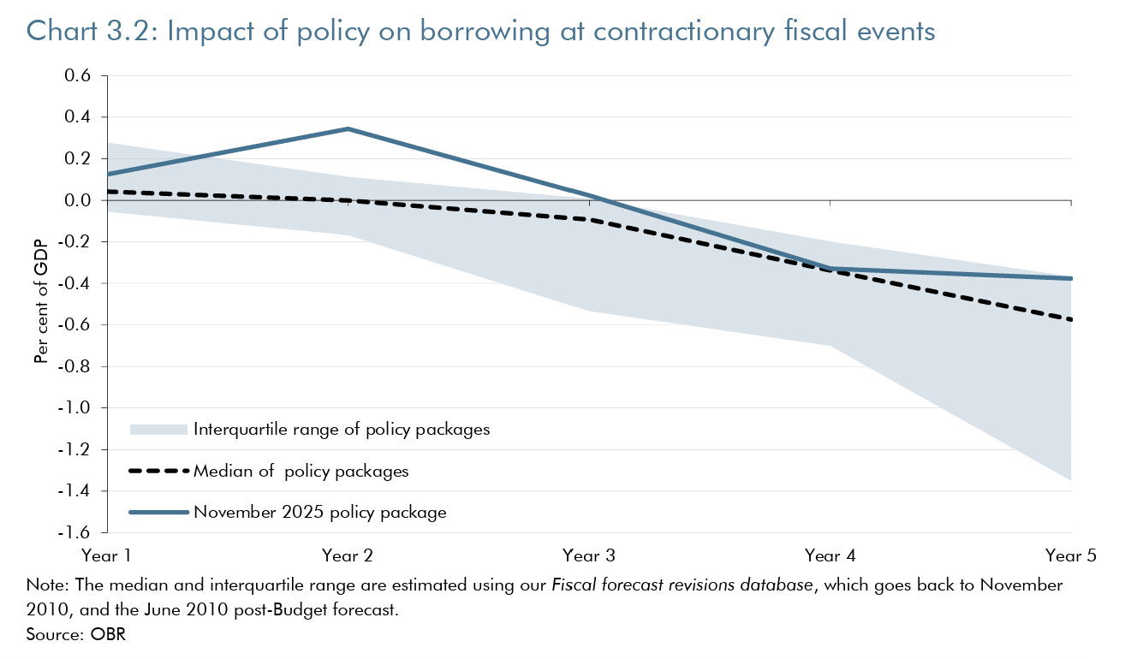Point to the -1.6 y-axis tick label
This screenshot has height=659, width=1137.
pyautogui.click(x=75, y=532)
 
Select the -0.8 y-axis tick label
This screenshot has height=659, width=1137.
pyautogui.click(x=75, y=366)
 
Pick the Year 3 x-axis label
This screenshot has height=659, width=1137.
pyautogui.click(x=588, y=555)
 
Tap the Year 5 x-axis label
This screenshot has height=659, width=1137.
pyautogui.click(x=1071, y=555)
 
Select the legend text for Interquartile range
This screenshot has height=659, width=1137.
pyautogui.click(x=342, y=430)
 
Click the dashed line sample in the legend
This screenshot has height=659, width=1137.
pyautogui.click(x=158, y=471)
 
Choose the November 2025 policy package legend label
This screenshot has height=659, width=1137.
pyautogui.click(x=320, y=513)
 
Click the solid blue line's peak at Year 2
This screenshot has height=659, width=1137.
pyautogui.click(x=347, y=128)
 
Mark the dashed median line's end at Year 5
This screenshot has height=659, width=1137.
pyautogui.click(x=1071, y=320)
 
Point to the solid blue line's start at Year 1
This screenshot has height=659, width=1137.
pyautogui.click(x=106, y=175)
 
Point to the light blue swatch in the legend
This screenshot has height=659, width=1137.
pyautogui.click(x=158, y=430)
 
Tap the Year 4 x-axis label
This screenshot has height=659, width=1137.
pyautogui.click(x=830, y=555)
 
